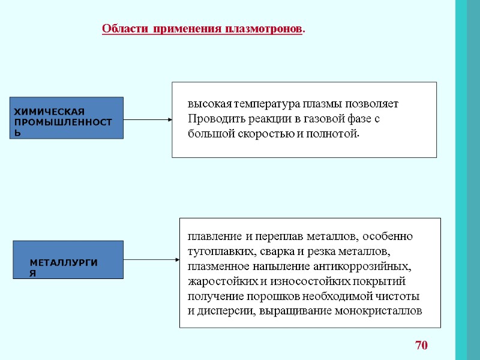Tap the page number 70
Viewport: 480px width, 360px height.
click(x=422, y=345)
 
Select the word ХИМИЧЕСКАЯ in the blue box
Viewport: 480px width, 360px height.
click(x=49, y=112)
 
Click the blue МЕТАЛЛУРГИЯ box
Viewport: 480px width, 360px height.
click(x=68, y=260)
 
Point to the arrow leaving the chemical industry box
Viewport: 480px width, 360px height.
click(x=148, y=119)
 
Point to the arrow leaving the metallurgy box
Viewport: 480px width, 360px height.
click(x=151, y=260)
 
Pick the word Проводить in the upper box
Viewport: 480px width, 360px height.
click(x=213, y=118)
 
